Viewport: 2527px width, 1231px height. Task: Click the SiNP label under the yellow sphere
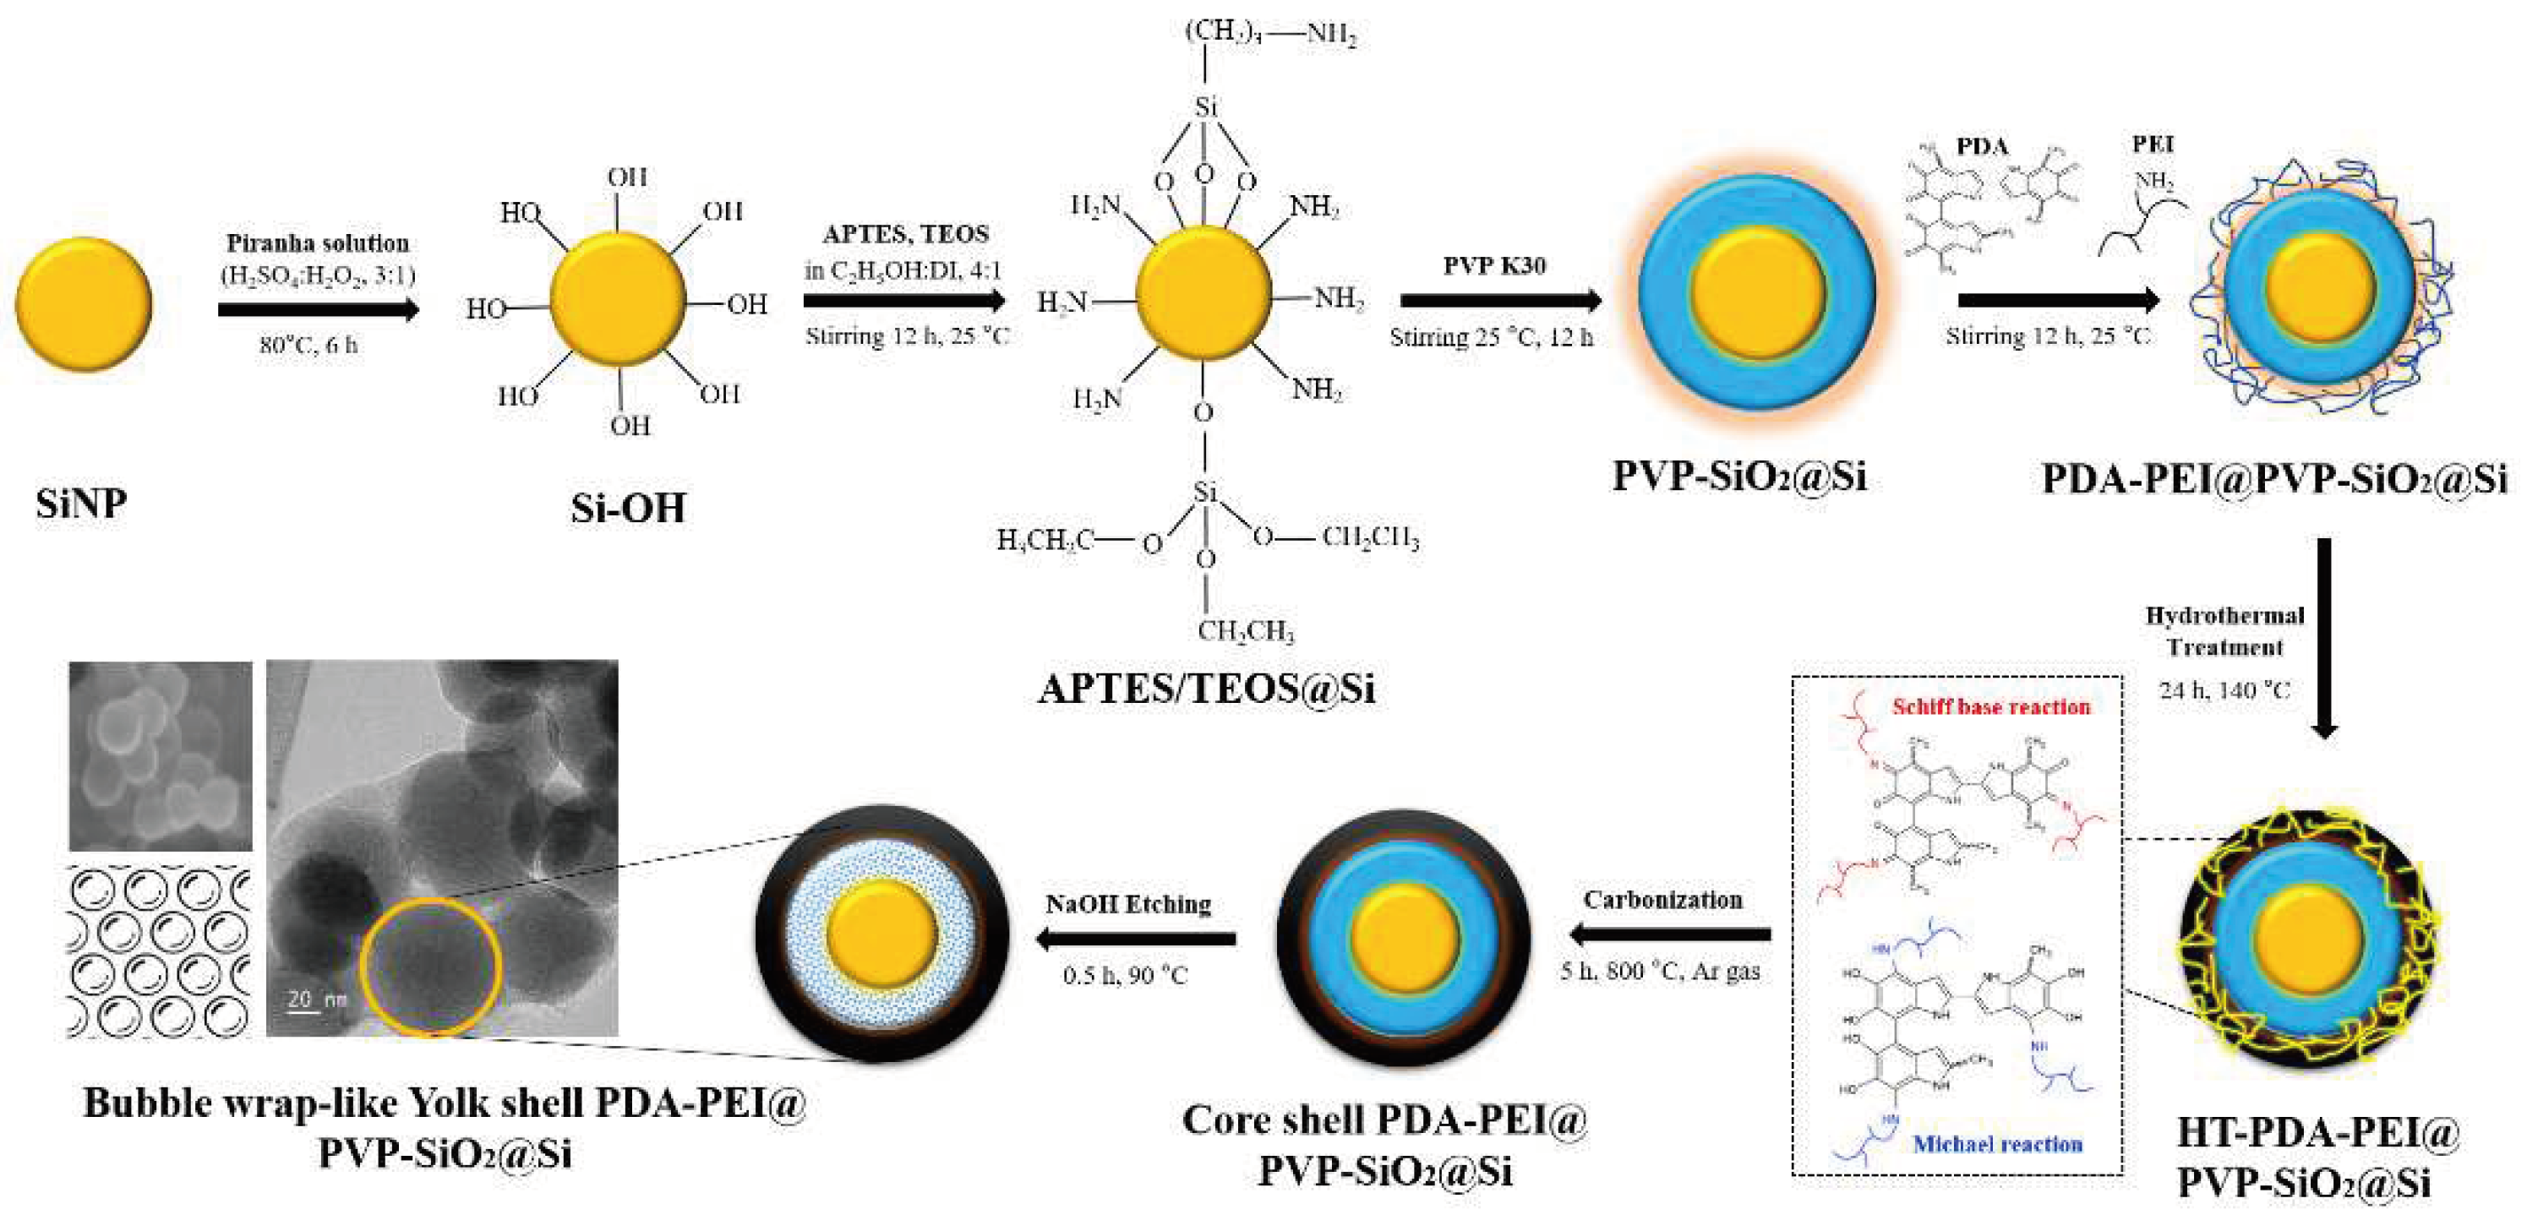tap(81, 504)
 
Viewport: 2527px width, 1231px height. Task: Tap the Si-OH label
tap(628, 508)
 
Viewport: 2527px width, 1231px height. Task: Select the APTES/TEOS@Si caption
tap(1207, 689)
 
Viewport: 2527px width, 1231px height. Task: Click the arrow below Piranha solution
tap(318, 310)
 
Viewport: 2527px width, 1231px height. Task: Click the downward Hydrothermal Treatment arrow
tap(2324, 638)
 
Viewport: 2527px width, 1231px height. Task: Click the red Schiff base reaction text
tap(1990, 706)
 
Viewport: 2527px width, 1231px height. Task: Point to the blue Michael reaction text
tap(1997, 1144)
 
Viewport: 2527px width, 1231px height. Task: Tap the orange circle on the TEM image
tap(432, 967)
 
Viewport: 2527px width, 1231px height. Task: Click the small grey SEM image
tap(160, 755)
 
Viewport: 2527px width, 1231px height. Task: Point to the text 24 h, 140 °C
tap(2224, 690)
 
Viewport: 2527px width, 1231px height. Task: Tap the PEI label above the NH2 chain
tap(2153, 144)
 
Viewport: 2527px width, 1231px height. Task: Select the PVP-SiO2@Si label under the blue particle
tap(1739, 477)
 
